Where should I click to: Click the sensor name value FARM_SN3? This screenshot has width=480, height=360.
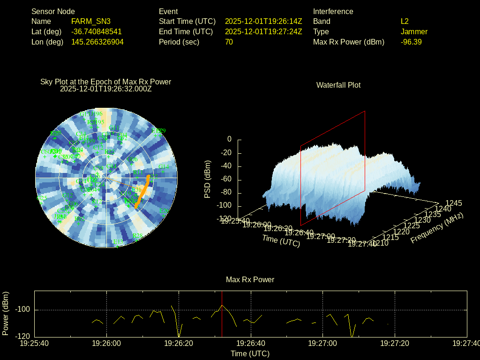pos(91,22)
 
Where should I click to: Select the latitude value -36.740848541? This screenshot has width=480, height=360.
pos(96,32)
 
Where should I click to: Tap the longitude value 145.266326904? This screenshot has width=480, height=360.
pos(97,42)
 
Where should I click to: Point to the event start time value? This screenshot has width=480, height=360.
pos(263,22)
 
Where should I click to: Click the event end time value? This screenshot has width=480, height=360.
pos(263,32)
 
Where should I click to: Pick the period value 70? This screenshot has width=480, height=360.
pos(229,42)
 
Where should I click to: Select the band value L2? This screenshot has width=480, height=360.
pos(405,22)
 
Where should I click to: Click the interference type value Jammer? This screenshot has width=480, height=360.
pos(414,32)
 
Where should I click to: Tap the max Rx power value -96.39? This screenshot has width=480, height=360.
pos(411,42)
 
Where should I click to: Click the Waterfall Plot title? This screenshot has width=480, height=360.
pos(338,85)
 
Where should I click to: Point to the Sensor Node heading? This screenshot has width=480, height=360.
pos(53,11)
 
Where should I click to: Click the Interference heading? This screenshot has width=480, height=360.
pos(333,11)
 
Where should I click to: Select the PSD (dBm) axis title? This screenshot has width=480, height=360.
pos(208,179)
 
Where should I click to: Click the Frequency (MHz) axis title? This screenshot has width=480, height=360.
pos(437,228)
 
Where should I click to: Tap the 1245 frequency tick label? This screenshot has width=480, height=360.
pos(453,203)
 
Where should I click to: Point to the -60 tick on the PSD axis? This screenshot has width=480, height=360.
pos(226,180)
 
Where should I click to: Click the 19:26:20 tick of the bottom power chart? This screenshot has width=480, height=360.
pos(179,344)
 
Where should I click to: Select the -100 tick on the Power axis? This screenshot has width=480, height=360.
pos(23,310)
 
